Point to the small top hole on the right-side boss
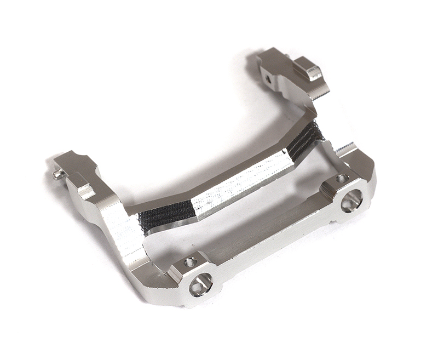click(x=342, y=179)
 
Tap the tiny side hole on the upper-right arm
click(x=268, y=79)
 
